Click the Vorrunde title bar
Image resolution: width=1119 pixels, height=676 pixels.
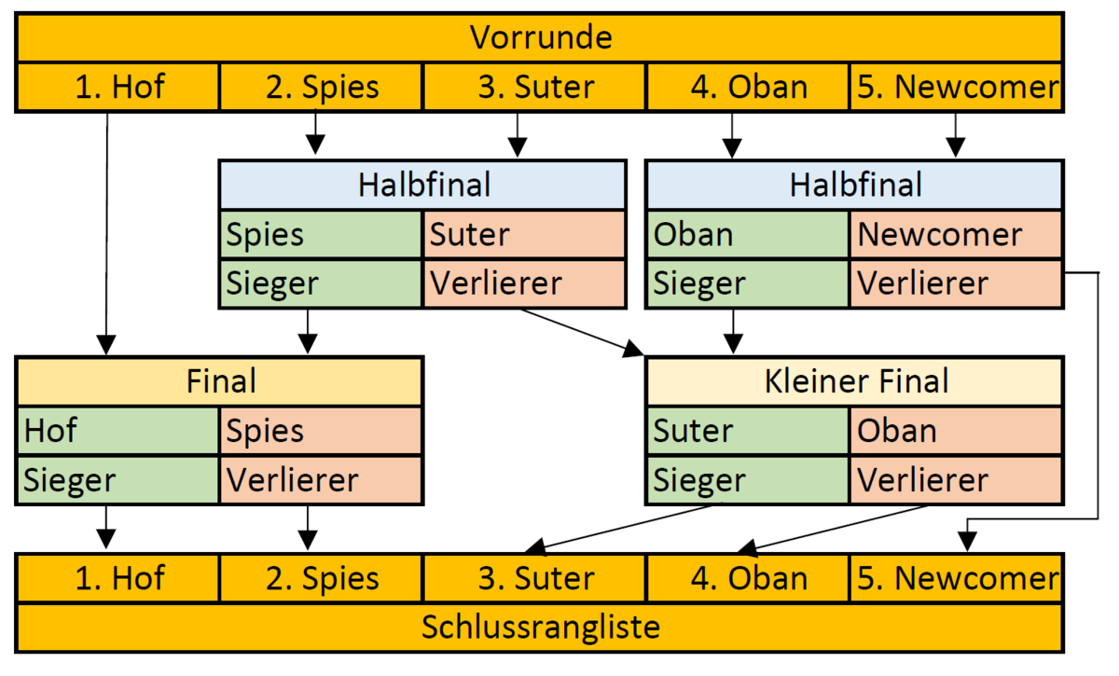tap(540, 38)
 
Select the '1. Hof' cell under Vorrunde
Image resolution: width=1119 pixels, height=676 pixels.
tap(118, 87)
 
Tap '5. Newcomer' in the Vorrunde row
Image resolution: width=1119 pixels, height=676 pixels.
tap(956, 87)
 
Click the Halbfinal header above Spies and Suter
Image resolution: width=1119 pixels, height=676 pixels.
tap(423, 185)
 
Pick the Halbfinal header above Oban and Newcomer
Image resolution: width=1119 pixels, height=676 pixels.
tap(855, 185)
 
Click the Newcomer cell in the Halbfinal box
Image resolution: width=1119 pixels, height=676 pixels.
tap(956, 234)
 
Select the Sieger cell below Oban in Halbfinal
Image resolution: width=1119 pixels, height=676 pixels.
tap(748, 283)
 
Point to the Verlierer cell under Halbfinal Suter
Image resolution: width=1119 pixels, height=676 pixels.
tap(524, 283)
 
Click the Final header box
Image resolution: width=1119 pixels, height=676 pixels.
tap(220, 381)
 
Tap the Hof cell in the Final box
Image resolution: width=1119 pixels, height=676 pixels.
tap(117, 431)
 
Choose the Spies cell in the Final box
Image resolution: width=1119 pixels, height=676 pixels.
tap(321, 431)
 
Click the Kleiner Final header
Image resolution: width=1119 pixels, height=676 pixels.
tap(855, 381)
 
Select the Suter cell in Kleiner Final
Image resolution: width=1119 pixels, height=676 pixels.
tap(748, 431)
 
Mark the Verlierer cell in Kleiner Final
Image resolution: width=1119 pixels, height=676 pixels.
tap(956, 479)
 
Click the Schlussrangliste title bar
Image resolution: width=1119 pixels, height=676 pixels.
tap(540, 627)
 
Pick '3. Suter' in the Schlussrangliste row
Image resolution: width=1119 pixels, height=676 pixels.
tap(534, 578)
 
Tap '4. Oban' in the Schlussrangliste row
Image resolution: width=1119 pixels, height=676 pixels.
tap(748, 578)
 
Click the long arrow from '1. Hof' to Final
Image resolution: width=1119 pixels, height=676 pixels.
tap(106, 234)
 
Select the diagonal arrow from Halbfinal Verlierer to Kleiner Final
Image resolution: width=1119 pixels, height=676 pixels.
tap(582, 333)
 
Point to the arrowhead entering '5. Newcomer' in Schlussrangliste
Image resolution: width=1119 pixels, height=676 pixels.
tap(967, 542)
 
